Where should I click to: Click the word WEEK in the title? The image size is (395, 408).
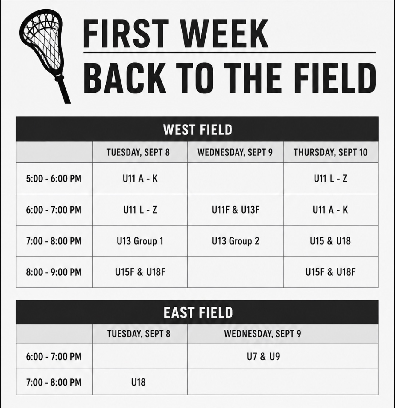coord(224,34)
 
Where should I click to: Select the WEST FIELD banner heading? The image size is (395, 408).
coord(198,130)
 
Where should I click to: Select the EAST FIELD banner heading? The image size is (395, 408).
coord(198,313)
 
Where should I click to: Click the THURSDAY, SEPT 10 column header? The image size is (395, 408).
coord(330,152)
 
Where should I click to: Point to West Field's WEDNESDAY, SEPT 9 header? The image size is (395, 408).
coord(235,152)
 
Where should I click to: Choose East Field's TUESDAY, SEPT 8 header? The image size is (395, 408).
coord(139,334)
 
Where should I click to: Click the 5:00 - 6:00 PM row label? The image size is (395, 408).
coord(54,179)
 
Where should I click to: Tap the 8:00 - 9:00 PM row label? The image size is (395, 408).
coord(54,272)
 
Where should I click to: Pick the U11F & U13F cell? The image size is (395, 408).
coord(236,210)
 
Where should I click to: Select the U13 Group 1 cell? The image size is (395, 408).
coord(140,241)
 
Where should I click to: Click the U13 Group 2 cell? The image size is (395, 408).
coord(236,241)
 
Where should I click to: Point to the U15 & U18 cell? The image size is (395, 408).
coord(330,241)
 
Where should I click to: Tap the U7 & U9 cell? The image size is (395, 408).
coord(263,356)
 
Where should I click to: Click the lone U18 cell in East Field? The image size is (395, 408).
coord(138,382)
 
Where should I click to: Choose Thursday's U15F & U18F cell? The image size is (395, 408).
coord(330,272)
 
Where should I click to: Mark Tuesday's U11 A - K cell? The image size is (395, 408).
coord(140,179)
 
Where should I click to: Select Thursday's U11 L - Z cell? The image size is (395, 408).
coord(330,179)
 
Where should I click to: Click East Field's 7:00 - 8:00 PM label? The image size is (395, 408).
coord(54,382)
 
